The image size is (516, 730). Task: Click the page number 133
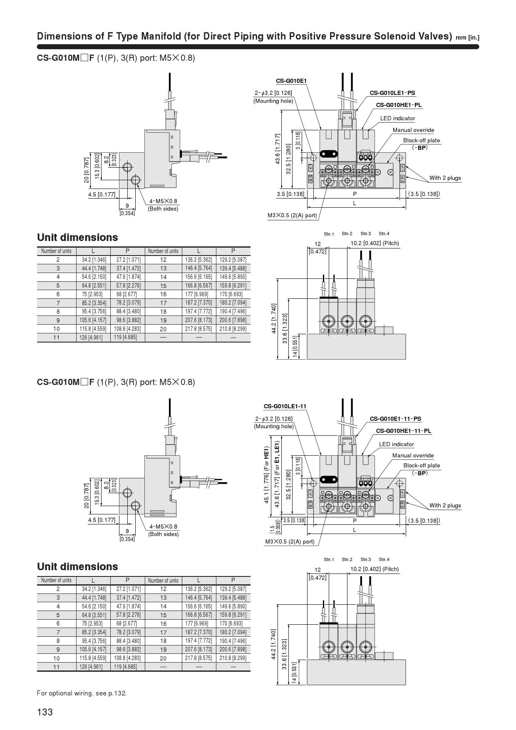tap(45, 712)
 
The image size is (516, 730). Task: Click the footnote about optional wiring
tap(82, 693)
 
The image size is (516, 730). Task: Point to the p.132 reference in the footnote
tap(118, 693)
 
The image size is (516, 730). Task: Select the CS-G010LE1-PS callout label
tap(392, 93)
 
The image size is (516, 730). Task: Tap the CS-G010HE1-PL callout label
tap(399, 105)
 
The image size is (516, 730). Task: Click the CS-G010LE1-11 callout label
tap(285, 406)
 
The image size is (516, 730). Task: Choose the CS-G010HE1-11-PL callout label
tap(404, 431)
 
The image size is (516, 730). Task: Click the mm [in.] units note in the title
tap(467, 38)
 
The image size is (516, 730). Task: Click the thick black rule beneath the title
tap(258, 47)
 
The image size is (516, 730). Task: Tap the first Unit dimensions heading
tap(77, 237)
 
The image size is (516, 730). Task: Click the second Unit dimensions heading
tap(77, 566)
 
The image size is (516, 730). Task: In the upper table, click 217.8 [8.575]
tap(198, 329)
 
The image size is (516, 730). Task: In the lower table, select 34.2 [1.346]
tap(94, 589)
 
